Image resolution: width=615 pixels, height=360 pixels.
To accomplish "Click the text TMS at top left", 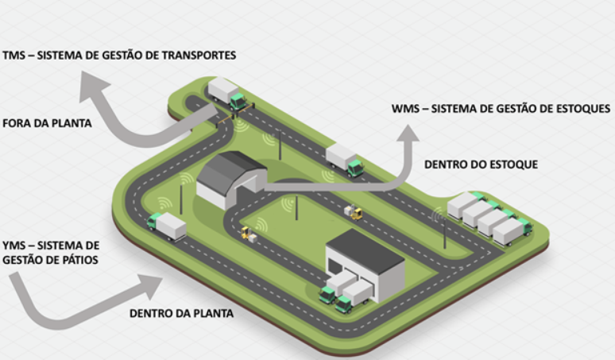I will [14, 55].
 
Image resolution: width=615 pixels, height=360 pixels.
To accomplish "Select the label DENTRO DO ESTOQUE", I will [481, 165].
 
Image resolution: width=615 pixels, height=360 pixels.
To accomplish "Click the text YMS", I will [14, 245].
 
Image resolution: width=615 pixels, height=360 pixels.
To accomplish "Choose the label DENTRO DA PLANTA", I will [181, 313].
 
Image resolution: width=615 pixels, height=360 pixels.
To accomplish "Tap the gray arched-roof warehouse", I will [231, 179].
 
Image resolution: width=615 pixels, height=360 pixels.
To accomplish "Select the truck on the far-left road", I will [166, 226].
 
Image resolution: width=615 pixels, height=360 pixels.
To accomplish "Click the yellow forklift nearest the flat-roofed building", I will [248, 234].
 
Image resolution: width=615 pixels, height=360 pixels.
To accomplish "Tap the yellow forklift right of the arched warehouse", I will [353, 212].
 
